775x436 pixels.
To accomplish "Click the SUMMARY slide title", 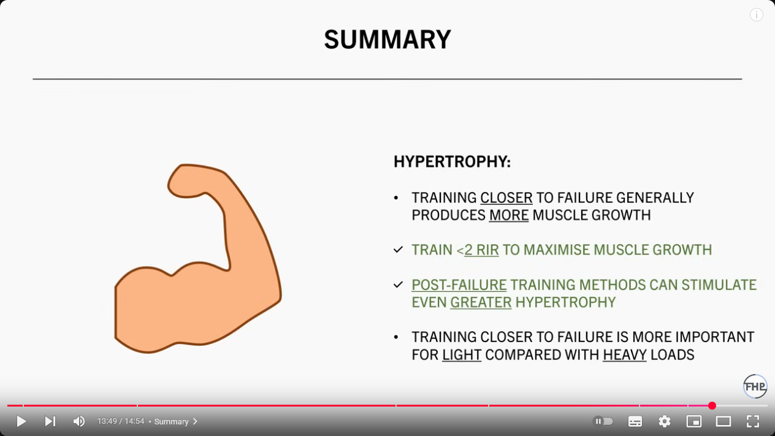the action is point(388,39).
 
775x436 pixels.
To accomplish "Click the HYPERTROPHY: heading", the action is point(452,162).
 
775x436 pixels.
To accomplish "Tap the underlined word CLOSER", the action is point(506,198).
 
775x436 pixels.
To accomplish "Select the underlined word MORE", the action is point(509,215).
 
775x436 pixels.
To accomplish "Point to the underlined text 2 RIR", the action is point(481,250).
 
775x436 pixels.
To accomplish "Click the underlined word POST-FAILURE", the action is point(459,285).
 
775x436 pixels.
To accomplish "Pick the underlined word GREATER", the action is point(481,302).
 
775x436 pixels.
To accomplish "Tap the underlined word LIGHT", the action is point(462,355).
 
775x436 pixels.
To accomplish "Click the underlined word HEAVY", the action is point(625,355).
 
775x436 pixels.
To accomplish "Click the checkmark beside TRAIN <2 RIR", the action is point(398,250).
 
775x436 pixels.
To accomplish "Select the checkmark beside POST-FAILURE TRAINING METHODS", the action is point(398,285).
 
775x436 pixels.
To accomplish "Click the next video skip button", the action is point(50,421).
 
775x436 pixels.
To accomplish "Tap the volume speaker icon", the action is point(79,421).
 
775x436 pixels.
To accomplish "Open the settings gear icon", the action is point(664,421).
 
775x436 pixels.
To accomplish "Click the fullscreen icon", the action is point(753,421).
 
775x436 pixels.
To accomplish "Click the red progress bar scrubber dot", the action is point(712,405).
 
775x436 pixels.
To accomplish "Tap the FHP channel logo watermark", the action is point(755,386).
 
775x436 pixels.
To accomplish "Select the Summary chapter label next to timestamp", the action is point(172,421).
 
